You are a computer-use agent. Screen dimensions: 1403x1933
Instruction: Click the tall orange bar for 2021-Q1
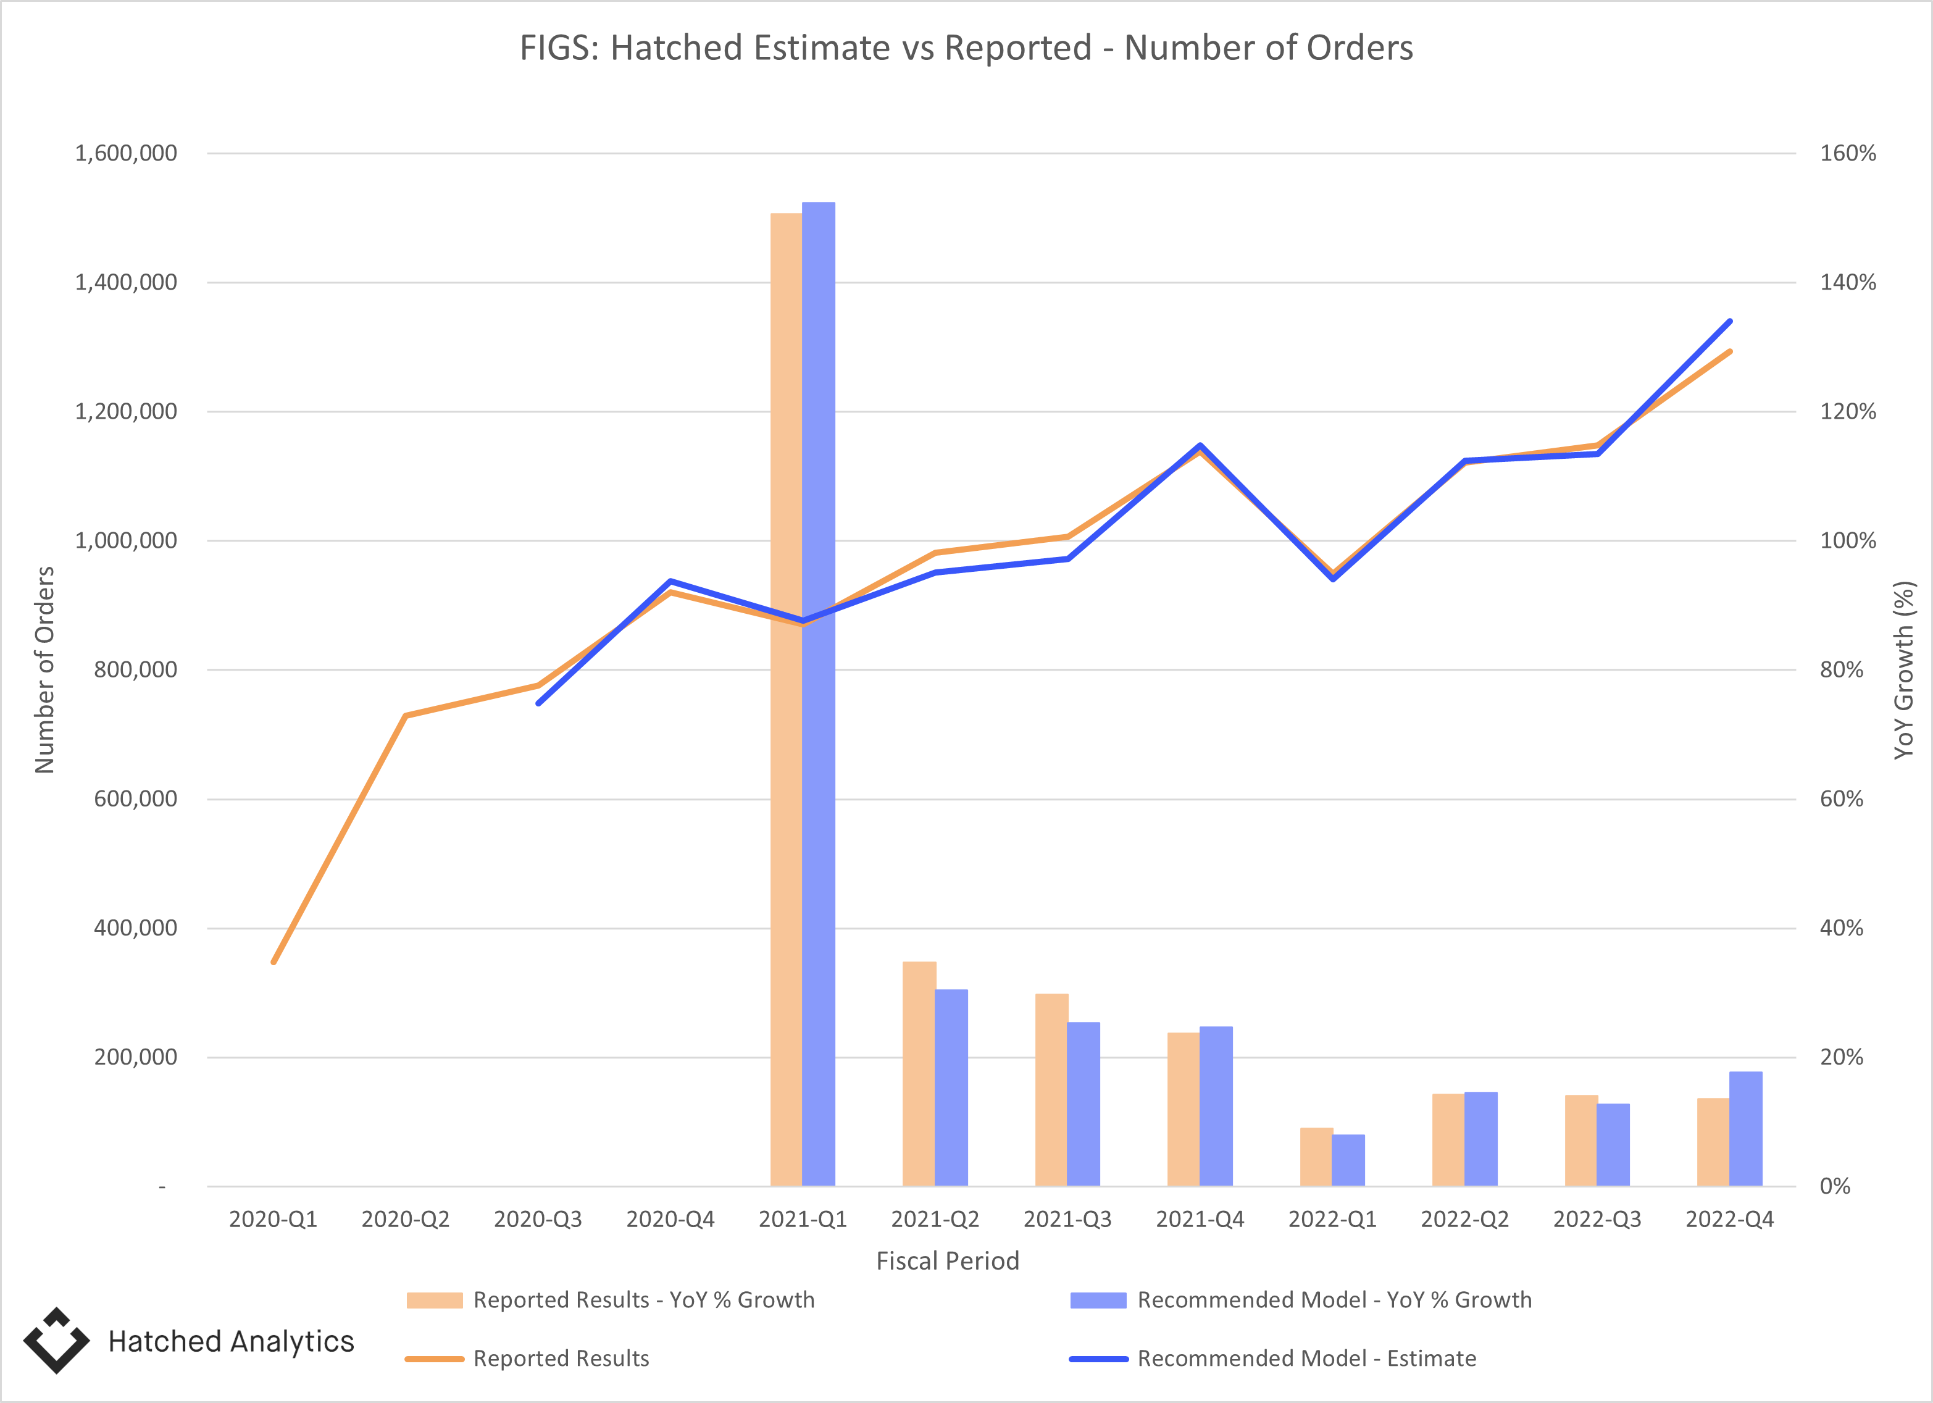(786, 852)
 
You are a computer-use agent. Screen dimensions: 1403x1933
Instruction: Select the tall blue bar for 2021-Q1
(818, 852)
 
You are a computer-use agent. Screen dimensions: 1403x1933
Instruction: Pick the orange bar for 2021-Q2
(919, 1074)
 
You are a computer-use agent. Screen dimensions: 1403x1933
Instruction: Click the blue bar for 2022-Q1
(1348, 1160)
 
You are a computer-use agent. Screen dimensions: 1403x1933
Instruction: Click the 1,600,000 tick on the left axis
(126, 153)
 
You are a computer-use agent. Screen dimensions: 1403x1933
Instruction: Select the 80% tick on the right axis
(1841, 670)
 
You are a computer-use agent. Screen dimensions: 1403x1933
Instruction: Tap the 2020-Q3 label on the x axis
(538, 1219)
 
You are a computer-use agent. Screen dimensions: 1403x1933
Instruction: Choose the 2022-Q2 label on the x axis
(1464, 1219)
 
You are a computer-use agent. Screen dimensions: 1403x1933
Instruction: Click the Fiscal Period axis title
(947, 1260)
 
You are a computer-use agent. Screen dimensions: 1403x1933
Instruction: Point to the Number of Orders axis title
(44, 670)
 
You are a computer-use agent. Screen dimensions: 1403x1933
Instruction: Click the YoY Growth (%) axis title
(1903, 670)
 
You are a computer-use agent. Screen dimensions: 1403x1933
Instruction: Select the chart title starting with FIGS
(966, 48)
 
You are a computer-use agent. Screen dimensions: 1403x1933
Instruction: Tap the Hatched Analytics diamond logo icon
(56, 1340)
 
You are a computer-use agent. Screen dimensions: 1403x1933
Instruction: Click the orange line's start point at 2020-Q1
(273, 962)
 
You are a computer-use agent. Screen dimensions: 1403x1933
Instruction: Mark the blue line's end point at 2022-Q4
(1729, 321)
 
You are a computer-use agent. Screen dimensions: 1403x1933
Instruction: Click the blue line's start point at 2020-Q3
(538, 703)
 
